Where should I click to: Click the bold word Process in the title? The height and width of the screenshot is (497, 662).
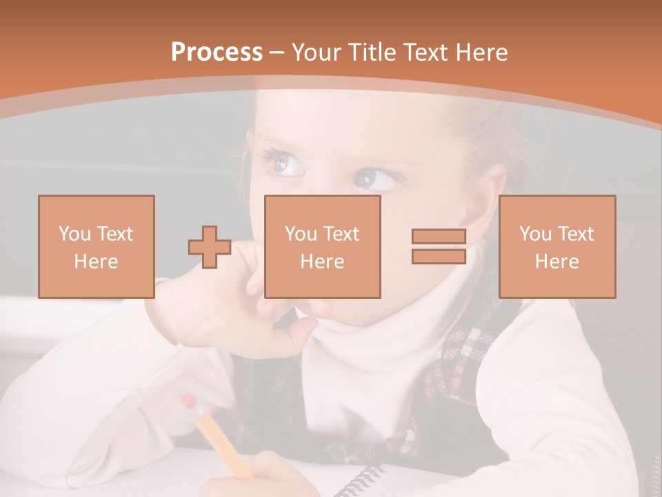pyautogui.click(x=217, y=52)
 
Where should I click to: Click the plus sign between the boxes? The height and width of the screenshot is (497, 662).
pyautogui.click(x=210, y=247)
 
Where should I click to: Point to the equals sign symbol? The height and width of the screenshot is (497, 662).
pyautogui.click(x=439, y=246)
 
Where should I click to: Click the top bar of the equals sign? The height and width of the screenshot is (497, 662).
pyautogui.click(x=439, y=237)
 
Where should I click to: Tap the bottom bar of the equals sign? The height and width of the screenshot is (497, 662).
pyautogui.click(x=439, y=256)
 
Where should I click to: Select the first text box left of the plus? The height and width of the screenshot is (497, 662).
pyautogui.click(x=97, y=246)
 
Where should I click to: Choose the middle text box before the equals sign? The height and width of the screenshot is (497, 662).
pyautogui.click(x=323, y=246)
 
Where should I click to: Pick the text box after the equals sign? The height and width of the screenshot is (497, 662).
pyautogui.click(x=557, y=246)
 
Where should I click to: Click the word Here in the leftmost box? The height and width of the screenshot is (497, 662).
pyautogui.click(x=97, y=262)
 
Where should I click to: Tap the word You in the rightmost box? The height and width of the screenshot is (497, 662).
pyautogui.click(x=535, y=234)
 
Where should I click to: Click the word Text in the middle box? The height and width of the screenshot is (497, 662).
pyautogui.click(x=342, y=234)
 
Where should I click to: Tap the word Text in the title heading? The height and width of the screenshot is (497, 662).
pyautogui.click(x=426, y=52)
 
